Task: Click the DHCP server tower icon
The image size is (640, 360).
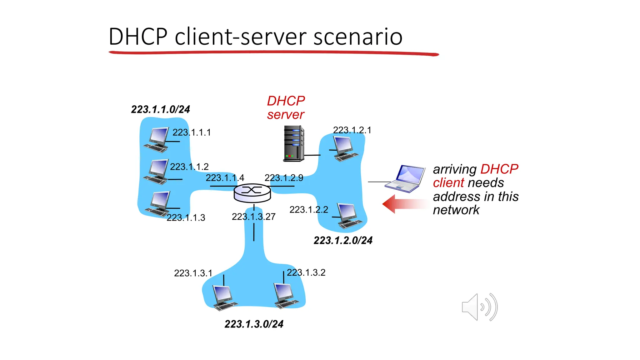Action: (x=294, y=144)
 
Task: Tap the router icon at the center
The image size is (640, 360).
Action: (x=252, y=193)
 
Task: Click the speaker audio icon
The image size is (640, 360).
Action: (x=479, y=307)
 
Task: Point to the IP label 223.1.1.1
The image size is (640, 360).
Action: (x=192, y=132)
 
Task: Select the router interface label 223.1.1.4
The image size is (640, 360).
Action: (x=225, y=178)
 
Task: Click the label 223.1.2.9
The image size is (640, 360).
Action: (x=284, y=178)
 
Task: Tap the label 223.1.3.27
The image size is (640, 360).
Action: (x=253, y=217)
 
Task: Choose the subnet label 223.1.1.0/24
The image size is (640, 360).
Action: (x=160, y=109)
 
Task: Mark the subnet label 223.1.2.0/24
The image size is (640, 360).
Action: (x=343, y=240)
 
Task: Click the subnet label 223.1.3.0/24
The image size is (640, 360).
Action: (x=254, y=324)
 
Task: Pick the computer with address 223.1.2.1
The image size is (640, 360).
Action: (x=345, y=149)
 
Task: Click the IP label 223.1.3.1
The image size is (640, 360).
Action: (x=193, y=273)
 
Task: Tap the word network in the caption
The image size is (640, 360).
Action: (x=456, y=210)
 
